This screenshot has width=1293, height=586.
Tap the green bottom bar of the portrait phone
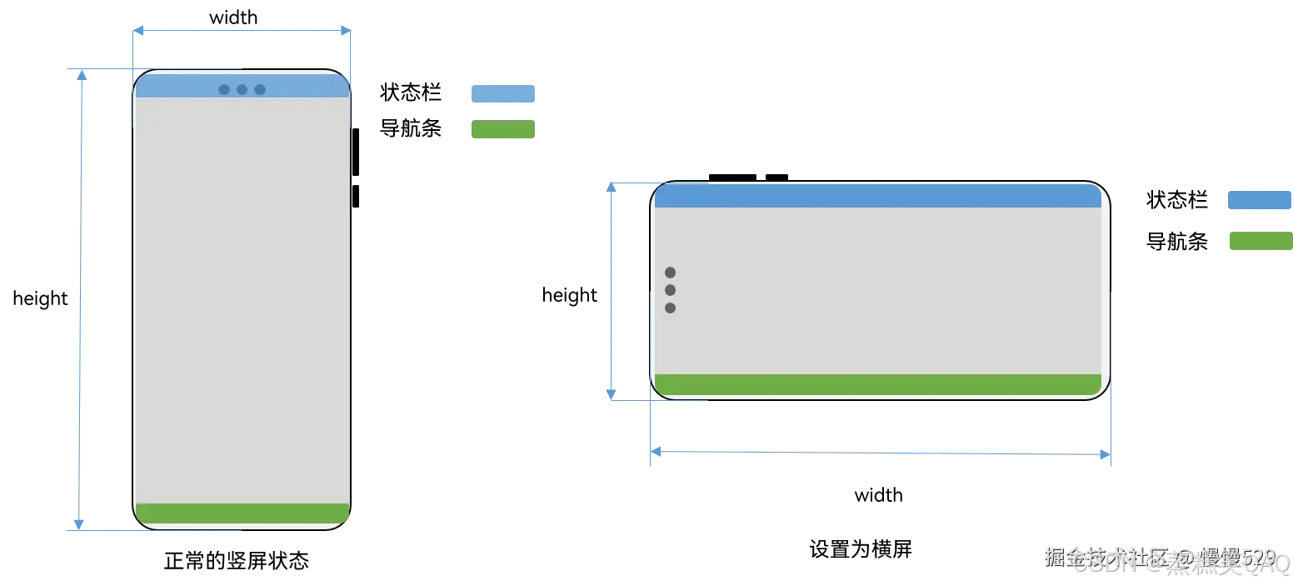click(242, 513)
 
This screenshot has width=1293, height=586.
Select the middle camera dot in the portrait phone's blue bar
click(242, 89)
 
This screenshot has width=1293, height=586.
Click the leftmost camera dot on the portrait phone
click(224, 89)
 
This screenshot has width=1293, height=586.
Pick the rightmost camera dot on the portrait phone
click(260, 89)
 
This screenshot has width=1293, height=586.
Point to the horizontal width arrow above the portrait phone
click(242, 31)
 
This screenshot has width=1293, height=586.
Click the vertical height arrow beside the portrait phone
click(80, 300)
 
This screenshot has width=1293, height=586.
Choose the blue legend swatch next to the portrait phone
click(503, 93)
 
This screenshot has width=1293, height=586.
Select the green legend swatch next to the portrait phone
click(503, 129)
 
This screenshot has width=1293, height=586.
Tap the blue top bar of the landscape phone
click(878, 196)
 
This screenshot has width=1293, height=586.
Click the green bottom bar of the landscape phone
click(878, 384)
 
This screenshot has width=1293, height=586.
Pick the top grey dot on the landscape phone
click(670, 273)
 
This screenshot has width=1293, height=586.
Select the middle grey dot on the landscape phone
click(670, 290)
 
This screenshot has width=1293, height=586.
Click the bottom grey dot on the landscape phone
click(670, 308)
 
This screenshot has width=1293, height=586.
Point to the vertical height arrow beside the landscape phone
click(612, 291)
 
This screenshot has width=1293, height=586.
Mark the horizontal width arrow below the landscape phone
click(880, 453)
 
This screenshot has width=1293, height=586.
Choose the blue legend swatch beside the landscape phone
click(1259, 200)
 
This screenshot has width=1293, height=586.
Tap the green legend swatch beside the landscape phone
click(1261, 241)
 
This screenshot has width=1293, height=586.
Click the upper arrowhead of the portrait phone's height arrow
click(82, 75)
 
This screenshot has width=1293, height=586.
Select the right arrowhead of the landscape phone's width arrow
click(1106, 455)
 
